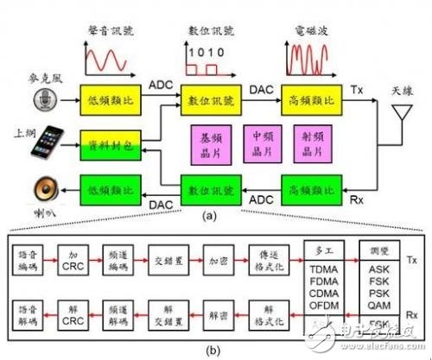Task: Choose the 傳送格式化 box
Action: (x=273, y=259)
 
